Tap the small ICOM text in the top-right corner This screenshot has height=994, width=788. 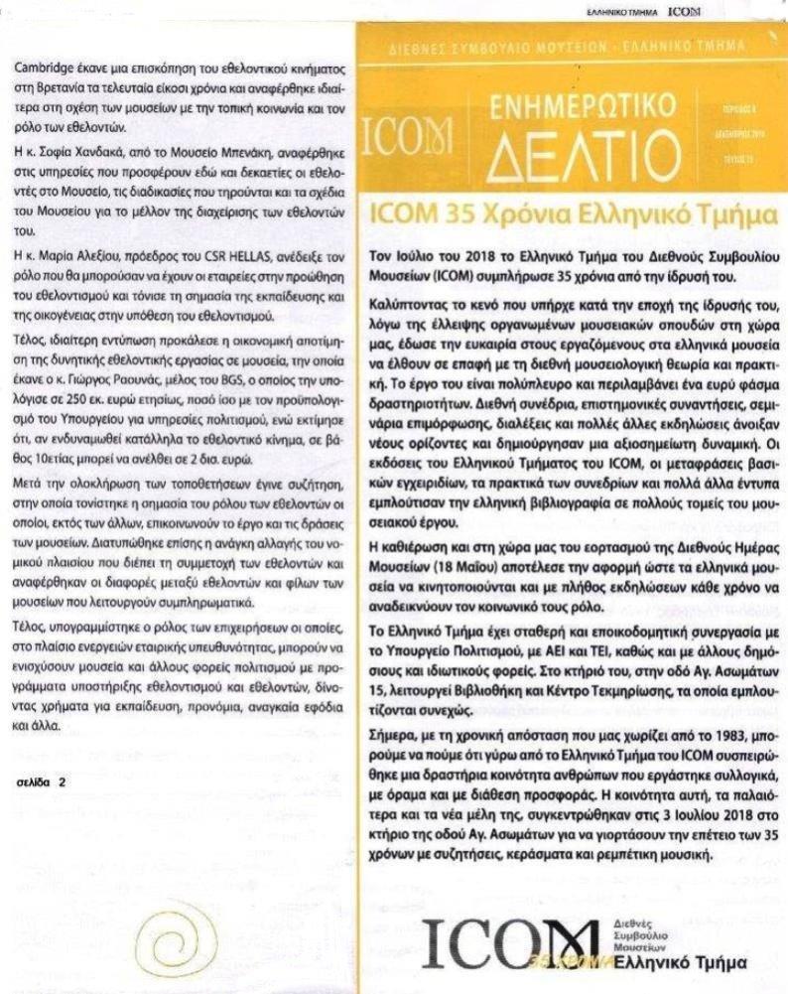coord(684,11)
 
